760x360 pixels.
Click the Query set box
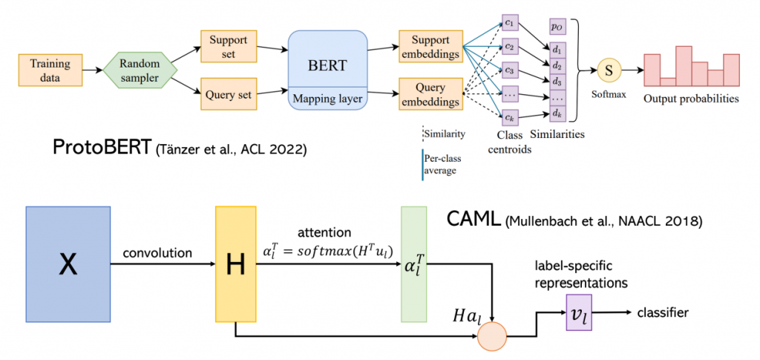pyautogui.click(x=227, y=95)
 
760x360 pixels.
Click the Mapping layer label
pyautogui.click(x=327, y=96)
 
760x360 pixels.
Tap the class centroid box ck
pyautogui.click(x=509, y=117)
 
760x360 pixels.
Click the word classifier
pyautogui.click(x=663, y=312)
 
